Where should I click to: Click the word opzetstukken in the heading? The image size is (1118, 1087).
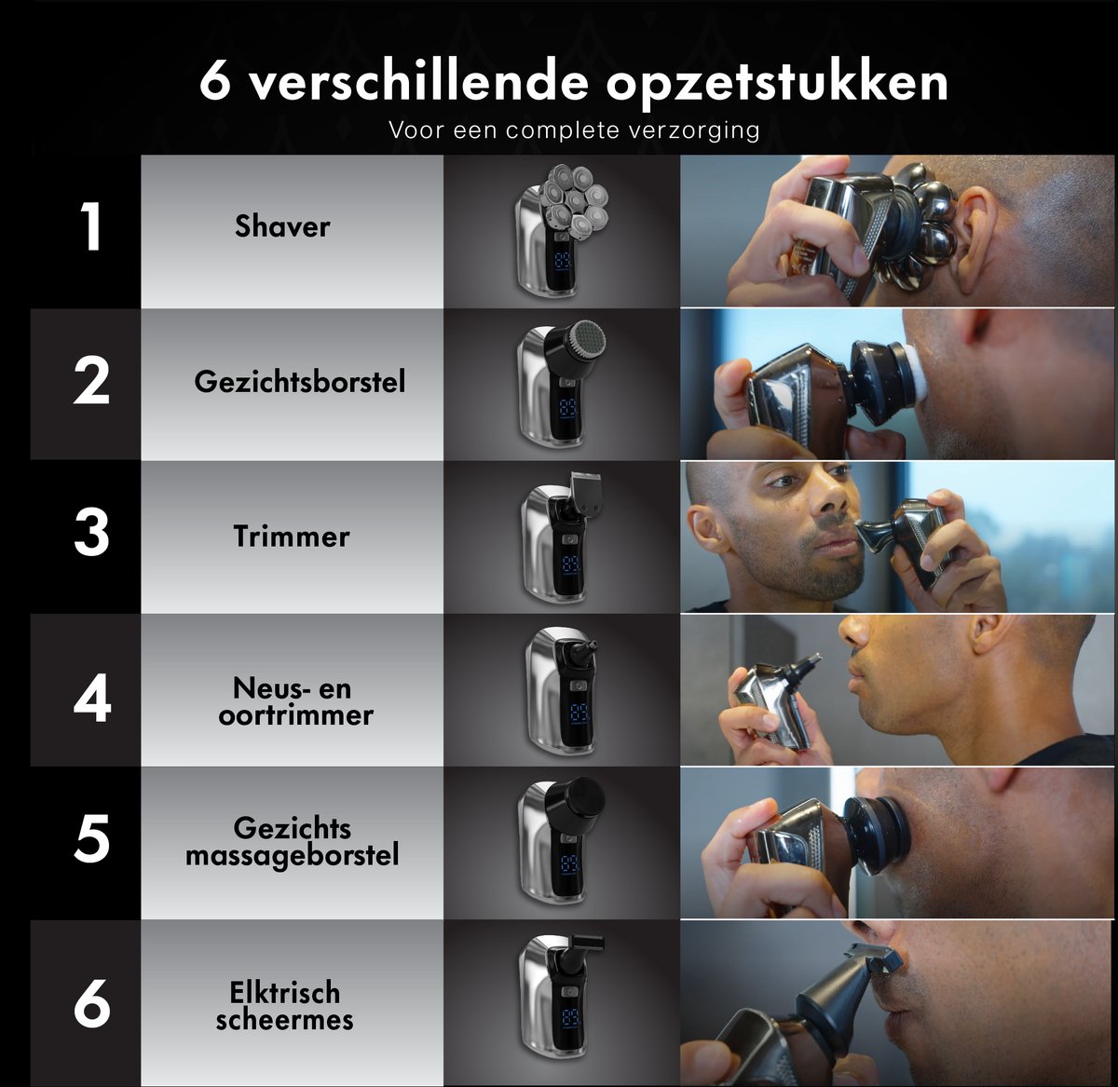click(x=776, y=84)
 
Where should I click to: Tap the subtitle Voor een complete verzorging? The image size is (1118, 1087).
click(x=574, y=129)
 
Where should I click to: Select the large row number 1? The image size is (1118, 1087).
click(x=92, y=226)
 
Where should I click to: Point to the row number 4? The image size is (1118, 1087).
click(x=92, y=698)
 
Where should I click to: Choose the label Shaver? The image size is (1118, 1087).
click(x=282, y=225)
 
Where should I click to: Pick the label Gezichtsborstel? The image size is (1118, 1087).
click(x=299, y=382)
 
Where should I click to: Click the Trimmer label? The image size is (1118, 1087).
click(x=292, y=536)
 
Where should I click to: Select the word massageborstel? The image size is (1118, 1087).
click(x=292, y=855)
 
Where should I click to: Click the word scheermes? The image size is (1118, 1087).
click(x=284, y=1020)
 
